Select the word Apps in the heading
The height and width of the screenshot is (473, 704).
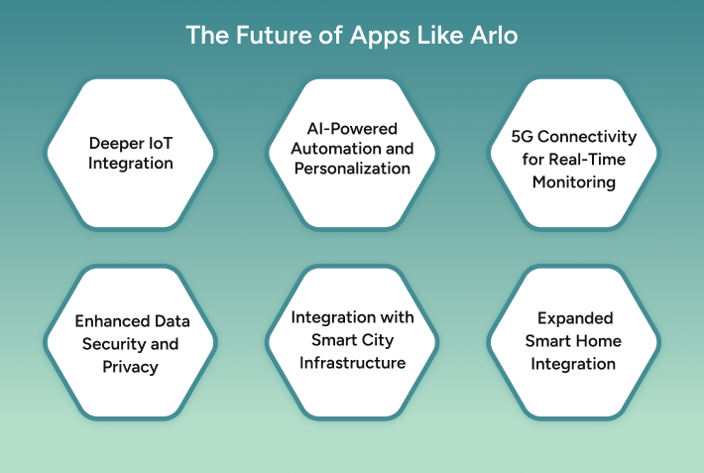[x=374, y=35]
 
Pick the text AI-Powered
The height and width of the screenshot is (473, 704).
[x=351, y=129]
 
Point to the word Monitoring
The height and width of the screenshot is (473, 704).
[x=573, y=182]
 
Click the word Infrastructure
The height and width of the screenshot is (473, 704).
[x=352, y=363]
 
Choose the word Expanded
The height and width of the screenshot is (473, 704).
[x=574, y=318]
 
